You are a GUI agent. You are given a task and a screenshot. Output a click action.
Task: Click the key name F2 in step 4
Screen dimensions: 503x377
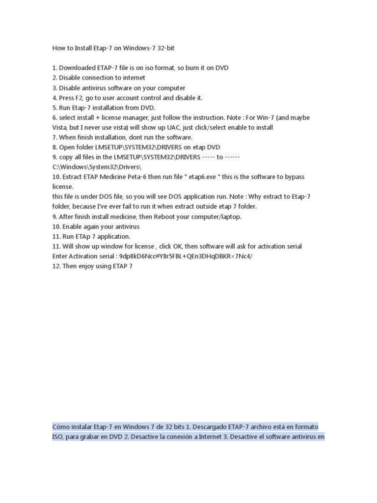[80, 98]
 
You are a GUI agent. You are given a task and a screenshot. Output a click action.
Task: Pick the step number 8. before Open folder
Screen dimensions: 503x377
[55, 147]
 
